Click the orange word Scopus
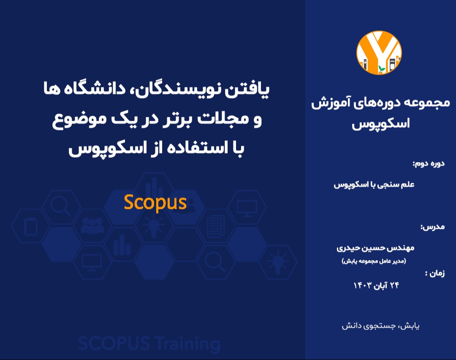click(155, 203)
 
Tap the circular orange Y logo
click(379, 53)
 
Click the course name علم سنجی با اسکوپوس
click(374, 185)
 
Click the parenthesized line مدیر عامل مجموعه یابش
click(373, 261)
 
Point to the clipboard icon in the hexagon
click(31, 226)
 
